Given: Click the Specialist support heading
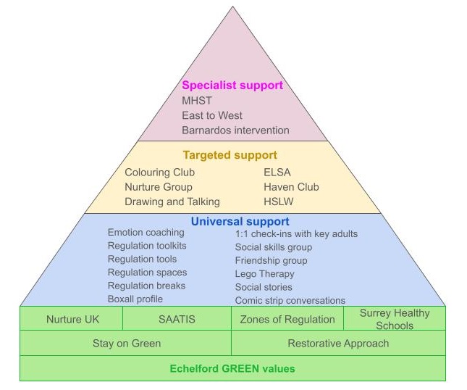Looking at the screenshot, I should tap(232, 86).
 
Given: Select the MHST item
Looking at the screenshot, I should tap(197, 101).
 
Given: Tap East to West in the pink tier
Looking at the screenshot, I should tap(212, 115).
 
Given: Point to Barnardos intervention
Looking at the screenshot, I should tap(235, 130).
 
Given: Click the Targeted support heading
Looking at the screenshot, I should tap(230, 155).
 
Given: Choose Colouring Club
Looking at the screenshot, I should tap(159, 173).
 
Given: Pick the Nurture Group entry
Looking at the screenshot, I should tap(158, 187).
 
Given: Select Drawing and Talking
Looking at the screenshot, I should tap(172, 202).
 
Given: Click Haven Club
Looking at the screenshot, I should tap(291, 187).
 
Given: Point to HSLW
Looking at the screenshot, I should tap(279, 202).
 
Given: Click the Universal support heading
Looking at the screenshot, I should tap(240, 221).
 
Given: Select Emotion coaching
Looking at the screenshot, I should tap(146, 233).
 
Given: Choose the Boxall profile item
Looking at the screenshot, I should tap(135, 299).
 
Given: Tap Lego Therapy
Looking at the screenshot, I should tap(264, 274).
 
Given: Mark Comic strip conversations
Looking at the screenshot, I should tap(290, 300).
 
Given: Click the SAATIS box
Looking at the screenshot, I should tap(177, 319).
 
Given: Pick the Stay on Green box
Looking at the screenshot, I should tap(126, 343).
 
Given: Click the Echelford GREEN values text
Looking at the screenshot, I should tap(232, 368).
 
